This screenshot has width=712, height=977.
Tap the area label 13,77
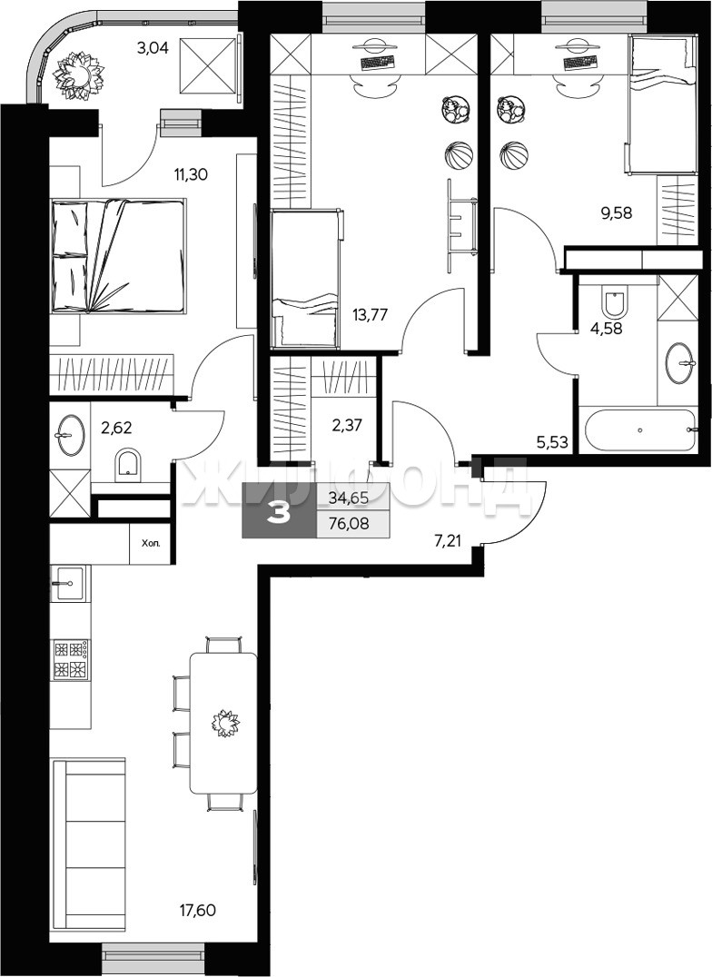[370, 314]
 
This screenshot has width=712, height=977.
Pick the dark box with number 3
[280, 510]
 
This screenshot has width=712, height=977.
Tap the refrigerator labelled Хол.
[150, 543]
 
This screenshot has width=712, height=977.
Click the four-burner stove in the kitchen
[70, 660]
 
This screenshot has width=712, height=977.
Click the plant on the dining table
[224, 724]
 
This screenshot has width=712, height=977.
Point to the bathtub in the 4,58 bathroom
[638, 429]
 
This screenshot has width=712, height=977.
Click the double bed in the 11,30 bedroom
[118, 255]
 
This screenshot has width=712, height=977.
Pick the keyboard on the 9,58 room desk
[579, 63]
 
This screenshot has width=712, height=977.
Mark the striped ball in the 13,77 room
[459, 153]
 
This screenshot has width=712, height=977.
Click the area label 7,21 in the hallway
[448, 541]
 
